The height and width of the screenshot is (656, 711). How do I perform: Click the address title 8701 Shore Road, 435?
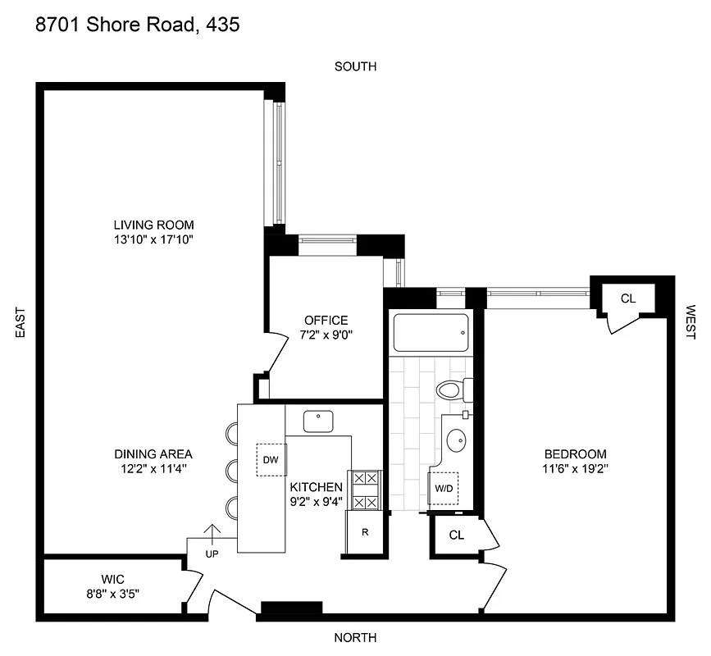[138, 25]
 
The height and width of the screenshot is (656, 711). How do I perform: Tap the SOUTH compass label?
[355, 66]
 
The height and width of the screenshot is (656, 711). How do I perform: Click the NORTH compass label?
[355, 638]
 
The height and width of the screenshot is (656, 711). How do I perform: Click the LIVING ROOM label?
[153, 225]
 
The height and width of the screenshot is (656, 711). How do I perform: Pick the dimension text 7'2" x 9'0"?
[326, 335]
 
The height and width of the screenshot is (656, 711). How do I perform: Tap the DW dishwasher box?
[270, 459]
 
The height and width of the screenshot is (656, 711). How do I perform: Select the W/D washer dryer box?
[444, 488]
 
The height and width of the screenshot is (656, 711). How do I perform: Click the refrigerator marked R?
[365, 532]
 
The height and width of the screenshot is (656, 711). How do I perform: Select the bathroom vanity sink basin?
[455, 442]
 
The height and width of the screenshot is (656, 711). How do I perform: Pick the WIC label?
[112, 579]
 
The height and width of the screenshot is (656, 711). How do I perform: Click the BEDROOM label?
[575, 454]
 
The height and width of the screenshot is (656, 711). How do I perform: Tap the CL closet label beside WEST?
[627, 298]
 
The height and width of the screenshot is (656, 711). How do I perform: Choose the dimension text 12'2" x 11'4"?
[153, 469]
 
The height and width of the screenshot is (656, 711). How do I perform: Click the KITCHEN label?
[315, 487]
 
